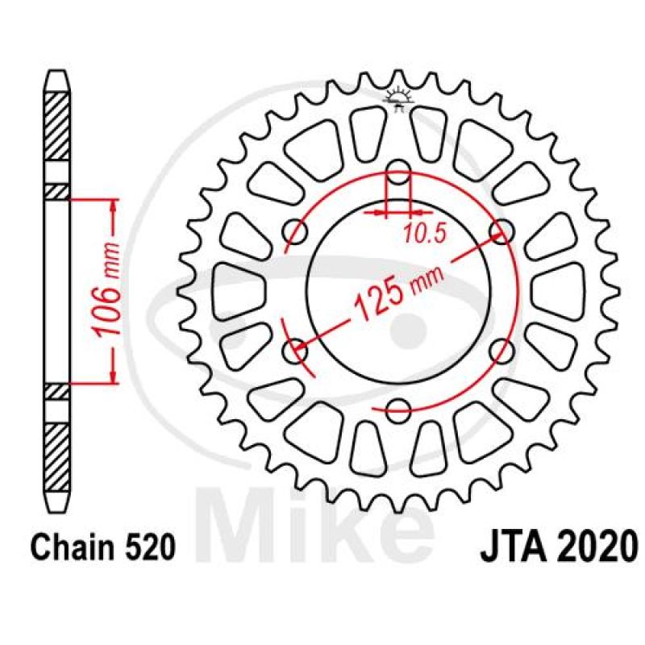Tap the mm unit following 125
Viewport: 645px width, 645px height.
coord(428,277)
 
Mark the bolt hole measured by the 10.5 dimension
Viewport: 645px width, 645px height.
coord(398,172)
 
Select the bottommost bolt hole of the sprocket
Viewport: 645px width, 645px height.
coord(398,406)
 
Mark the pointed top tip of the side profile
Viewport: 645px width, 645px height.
coord(56,74)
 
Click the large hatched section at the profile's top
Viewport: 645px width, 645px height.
coord(56,126)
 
